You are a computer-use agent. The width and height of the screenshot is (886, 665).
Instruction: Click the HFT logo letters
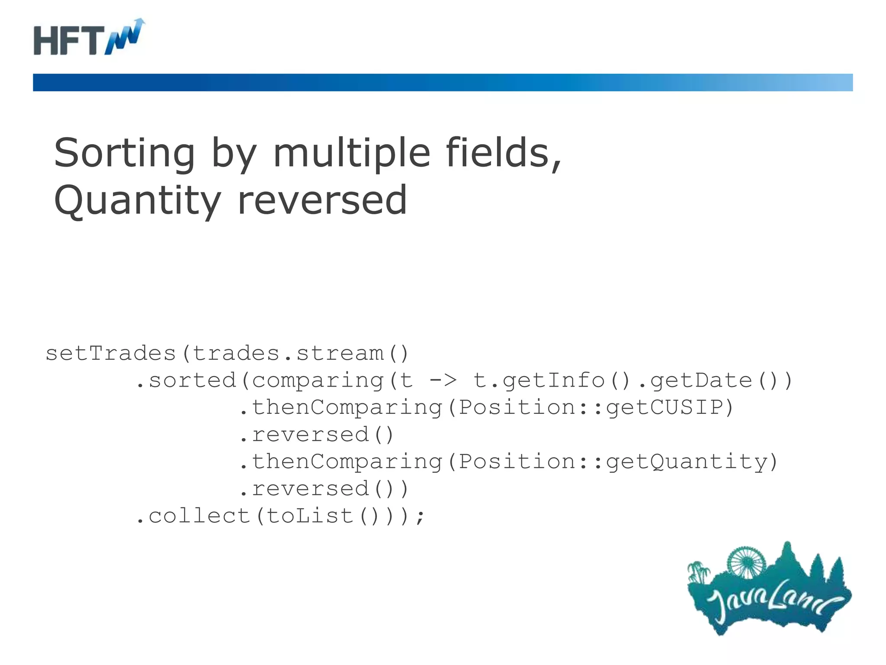pyautogui.click(x=69, y=40)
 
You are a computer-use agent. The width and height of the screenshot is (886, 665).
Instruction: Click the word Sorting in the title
pyautogui.click(x=125, y=153)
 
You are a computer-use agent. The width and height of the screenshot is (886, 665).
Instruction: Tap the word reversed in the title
pyautogui.click(x=322, y=200)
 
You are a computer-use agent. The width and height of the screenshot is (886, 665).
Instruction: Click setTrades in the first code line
pyautogui.click(x=111, y=353)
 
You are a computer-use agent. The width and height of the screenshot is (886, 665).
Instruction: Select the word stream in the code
pyautogui.click(x=340, y=353)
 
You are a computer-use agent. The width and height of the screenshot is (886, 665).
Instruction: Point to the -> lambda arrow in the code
pyautogui.click(x=443, y=381)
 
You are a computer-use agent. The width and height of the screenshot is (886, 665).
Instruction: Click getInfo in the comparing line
pyautogui.click(x=554, y=381)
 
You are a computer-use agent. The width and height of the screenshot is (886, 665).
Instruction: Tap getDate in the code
pyautogui.click(x=701, y=381)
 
